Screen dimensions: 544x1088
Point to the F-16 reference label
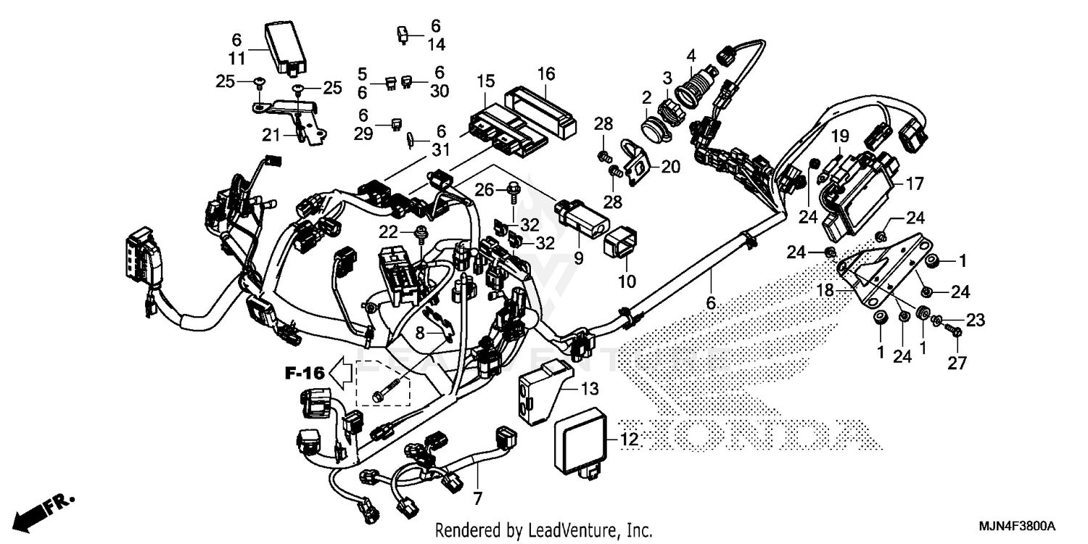(x=303, y=374)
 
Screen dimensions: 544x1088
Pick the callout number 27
(x=957, y=363)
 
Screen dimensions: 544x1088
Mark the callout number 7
(x=478, y=500)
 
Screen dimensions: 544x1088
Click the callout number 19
(x=839, y=136)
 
